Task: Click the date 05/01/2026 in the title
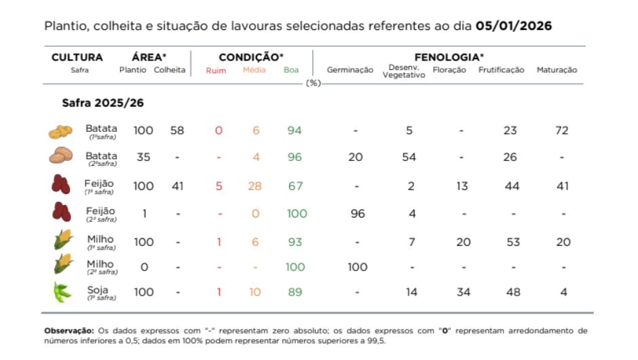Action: (x=514, y=26)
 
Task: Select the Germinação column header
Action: (x=350, y=70)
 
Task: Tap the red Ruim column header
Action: (x=216, y=70)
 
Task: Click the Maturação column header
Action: (x=557, y=70)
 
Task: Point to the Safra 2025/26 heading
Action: (x=102, y=103)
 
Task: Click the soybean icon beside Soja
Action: (x=61, y=292)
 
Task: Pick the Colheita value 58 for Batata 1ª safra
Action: (x=177, y=130)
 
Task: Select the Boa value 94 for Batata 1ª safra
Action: (x=294, y=130)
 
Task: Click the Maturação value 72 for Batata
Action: (x=561, y=130)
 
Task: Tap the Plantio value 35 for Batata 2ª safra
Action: (x=143, y=157)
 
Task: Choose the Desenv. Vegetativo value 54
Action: (x=409, y=157)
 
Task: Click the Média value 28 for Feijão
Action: (x=255, y=186)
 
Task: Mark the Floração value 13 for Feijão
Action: (x=462, y=186)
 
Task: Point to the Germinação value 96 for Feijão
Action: (x=357, y=214)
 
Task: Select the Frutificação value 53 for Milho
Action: (x=513, y=242)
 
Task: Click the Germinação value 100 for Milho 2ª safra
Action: (x=357, y=267)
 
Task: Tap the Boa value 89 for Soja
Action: (x=295, y=292)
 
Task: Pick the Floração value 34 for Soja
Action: (x=462, y=292)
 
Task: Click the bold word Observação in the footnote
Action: (x=65, y=331)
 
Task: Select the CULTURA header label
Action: (x=77, y=58)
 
